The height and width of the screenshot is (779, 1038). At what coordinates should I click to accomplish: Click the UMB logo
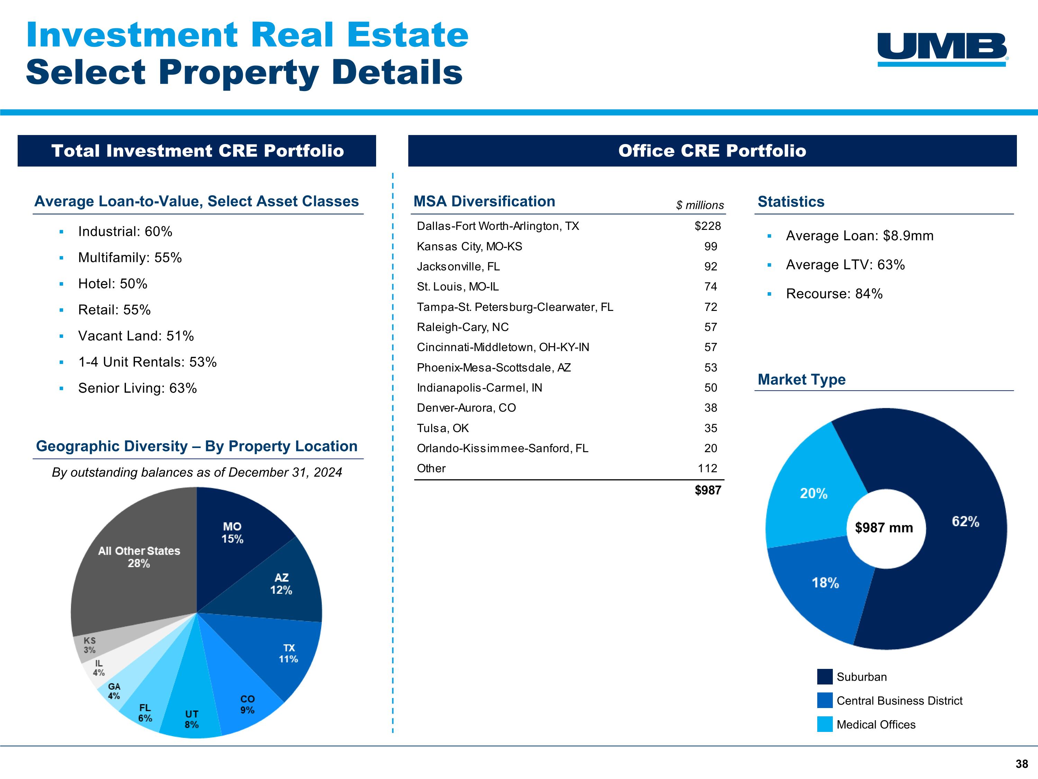[x=942, y=49]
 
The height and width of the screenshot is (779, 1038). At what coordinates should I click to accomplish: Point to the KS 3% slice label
[x=90, y=645]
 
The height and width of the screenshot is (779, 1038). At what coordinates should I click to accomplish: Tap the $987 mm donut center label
[x=884, y=528]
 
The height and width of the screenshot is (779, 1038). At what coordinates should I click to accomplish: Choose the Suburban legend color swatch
[x=825, y=677]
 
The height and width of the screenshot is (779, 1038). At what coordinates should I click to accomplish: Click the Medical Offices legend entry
[x=876, y=725]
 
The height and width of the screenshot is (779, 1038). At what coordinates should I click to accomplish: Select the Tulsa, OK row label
[x=443, y=428]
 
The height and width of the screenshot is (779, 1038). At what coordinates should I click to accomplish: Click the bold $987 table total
[x=708, y=490]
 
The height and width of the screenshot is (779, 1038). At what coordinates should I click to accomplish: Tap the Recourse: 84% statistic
[x=834, y=294]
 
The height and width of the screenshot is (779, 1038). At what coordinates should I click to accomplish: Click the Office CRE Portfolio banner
[x=712, y=151]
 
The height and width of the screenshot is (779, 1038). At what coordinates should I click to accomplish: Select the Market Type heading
[x=801, y=379]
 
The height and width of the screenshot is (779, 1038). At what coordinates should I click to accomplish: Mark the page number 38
[x=1022, y=764]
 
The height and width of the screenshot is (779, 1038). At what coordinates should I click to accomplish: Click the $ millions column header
[x=700, y=205]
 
